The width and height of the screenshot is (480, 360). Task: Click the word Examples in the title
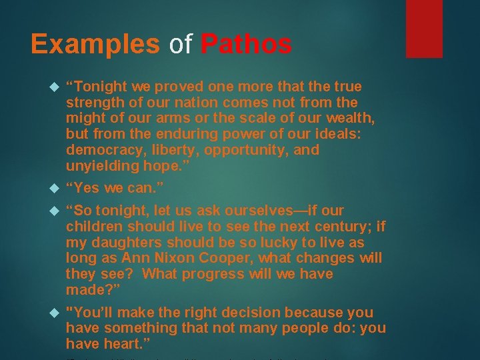(95, 44)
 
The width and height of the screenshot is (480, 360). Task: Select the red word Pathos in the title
(245, 44)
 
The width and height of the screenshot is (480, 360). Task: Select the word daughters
(123, 242)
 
